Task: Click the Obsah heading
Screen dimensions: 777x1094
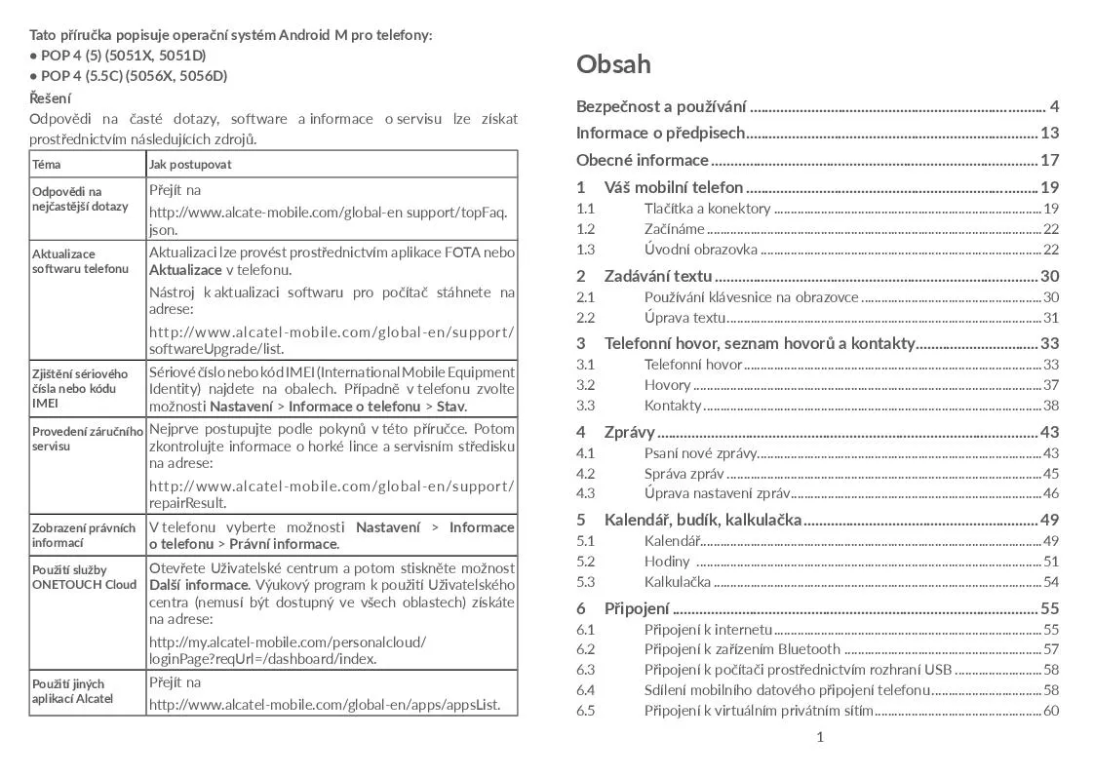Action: (x=613, y=64)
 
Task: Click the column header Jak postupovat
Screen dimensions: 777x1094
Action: (x=190, y=165)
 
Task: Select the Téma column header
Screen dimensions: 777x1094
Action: (x=46, y=165)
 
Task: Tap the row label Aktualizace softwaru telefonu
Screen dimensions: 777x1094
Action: (x=80, y=260)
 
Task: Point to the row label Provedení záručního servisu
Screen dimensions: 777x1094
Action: (x=87, y=438)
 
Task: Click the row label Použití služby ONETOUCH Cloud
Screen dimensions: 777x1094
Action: (x=85, y=576)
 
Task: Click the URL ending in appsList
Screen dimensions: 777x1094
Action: (x=325, y=705)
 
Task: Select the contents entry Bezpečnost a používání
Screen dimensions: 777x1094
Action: (x=661, y=106)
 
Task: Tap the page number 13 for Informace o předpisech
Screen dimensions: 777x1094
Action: (x=1049, y=133)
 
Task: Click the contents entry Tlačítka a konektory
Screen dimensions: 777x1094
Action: (x=707, y=209)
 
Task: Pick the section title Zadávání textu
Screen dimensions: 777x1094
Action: (x=658, y=276)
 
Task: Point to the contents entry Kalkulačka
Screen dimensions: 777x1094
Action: (x=677, y=582)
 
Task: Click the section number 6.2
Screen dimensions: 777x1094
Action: (x=585, y=649)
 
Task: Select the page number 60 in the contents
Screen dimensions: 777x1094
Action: (x=1050, y=710)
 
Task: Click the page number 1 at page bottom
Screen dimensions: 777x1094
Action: (x=820, y=737)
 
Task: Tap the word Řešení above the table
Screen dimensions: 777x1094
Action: (x=50, y=97)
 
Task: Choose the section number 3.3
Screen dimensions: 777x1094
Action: (x=585, y=406)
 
